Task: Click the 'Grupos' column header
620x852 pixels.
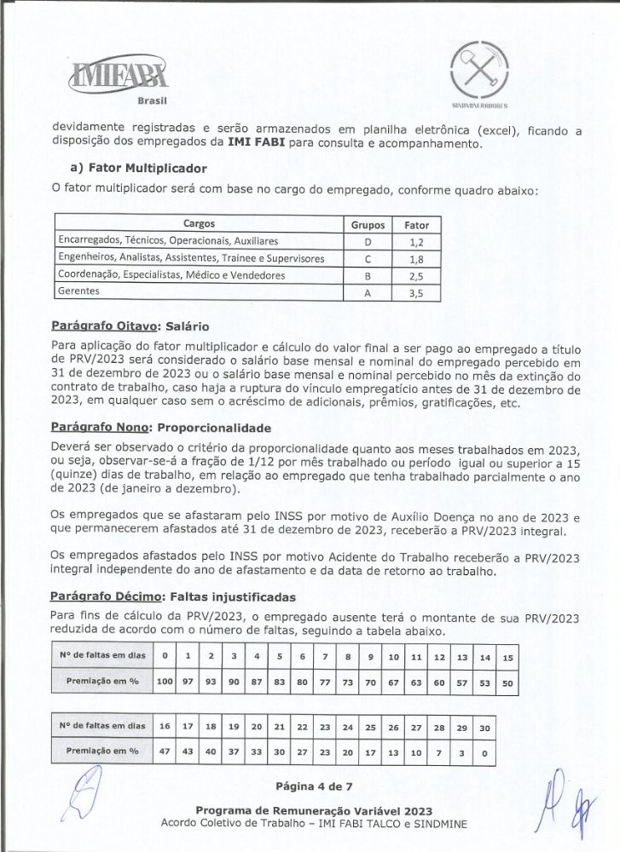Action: [368, 226]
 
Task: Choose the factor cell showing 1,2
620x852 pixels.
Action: [416, 242]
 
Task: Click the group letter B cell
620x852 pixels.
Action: [368, 275]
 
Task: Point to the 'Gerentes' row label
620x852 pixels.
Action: [78, 291]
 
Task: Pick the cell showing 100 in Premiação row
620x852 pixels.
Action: [165, 682]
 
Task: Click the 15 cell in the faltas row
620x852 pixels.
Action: [507, 658]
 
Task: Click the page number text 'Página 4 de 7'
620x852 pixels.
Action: [313, 785]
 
